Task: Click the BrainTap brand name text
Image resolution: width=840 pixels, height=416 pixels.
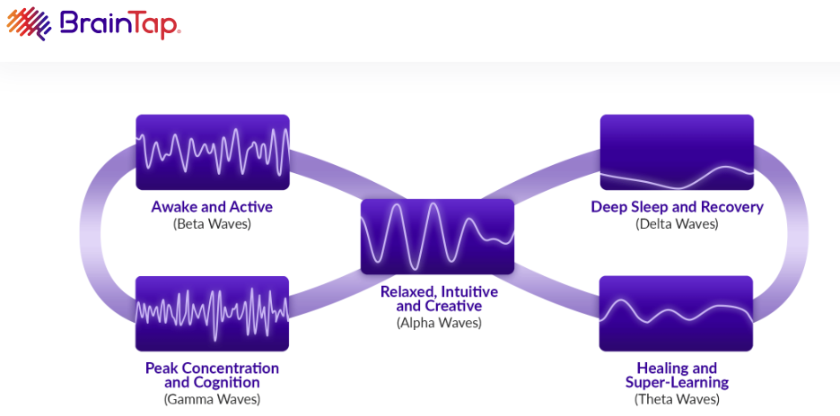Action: pos(120,23)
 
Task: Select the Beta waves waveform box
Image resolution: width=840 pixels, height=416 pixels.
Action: pos(213,152)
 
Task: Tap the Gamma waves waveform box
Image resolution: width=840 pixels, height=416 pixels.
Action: pos(213,313)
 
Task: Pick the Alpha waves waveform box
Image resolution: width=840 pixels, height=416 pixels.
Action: pos(437,236)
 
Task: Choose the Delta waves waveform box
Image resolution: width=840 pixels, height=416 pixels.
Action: pos(677,152)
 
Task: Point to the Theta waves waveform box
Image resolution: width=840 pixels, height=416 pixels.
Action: pos(677,313)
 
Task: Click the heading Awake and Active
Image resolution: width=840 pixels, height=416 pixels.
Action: pos(212,207)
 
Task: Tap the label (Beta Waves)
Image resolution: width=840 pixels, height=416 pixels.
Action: pos(212,224)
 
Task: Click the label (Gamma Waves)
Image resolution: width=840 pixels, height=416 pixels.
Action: pos(212,399)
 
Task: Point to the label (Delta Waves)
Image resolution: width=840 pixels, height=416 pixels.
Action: pos(677,224)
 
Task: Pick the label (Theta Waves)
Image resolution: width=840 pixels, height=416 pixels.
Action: pos(677,399)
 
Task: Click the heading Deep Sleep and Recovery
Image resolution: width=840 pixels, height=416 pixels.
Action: pos(677,207)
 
